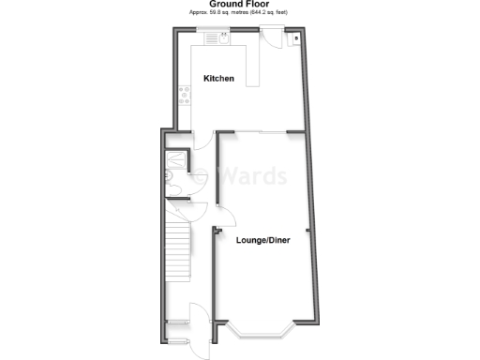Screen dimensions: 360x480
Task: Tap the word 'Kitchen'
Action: (218, 78)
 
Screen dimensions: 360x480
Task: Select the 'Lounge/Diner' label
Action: (262, 241)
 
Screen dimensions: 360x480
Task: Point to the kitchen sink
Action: (224, 37)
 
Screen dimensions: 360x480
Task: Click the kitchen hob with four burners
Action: (182, 94)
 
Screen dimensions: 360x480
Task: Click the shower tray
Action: (175, 158)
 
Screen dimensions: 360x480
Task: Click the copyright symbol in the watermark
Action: (201, 175)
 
